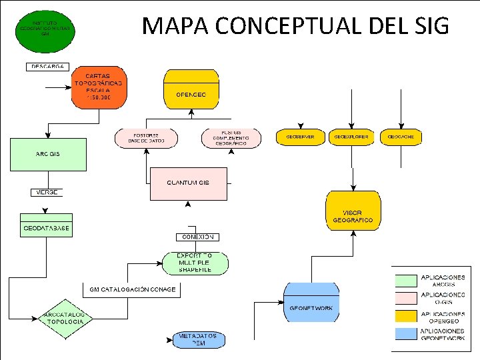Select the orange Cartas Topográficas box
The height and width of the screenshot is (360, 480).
[98, 87]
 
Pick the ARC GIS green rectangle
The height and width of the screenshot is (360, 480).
[47, 154]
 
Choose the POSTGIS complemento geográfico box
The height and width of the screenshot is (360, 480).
[232, 137]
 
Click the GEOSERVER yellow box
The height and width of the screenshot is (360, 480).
[300, 137]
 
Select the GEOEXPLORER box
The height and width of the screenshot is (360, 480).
[351, 137]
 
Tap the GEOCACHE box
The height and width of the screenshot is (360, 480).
[401, 137]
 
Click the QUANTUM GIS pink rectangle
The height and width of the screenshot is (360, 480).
[188, 183]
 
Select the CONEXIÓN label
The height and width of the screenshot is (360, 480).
[197, 237]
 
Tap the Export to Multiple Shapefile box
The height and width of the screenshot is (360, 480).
[194, 263]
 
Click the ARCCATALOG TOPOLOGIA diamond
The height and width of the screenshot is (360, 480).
[64, 319]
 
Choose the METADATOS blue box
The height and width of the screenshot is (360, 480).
[198, 340]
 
